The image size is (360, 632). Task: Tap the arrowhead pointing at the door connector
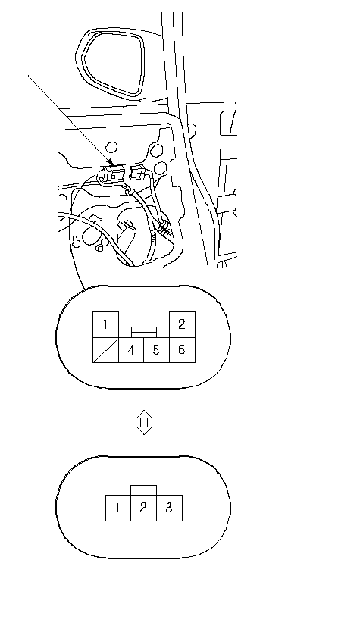point(110,163)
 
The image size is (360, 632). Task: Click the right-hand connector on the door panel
point(138,173)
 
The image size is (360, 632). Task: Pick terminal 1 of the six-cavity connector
point(105,324)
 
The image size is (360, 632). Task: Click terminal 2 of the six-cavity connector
point(182,324)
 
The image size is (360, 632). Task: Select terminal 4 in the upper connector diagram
point(131,350)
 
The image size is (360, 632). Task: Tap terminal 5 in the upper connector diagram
point(156,350)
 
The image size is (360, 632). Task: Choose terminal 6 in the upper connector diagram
point(182,350)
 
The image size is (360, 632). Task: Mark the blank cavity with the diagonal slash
point(105,350)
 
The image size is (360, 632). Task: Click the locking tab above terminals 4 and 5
point(144,332)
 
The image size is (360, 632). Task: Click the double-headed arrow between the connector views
point(144,422)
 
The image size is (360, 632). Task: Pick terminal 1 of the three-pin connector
point(118,508)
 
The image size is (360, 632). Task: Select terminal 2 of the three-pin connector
point(143,508)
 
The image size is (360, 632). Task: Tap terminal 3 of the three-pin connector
point(169,508)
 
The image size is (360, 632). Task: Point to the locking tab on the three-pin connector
point(143,490)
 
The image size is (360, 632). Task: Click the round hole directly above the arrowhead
point(111,147)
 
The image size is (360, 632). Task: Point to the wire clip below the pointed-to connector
point(129,192)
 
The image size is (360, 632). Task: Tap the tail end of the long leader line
point(28,75)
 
